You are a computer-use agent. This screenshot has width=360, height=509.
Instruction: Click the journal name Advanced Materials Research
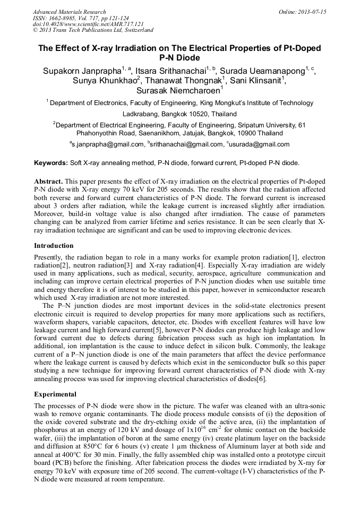(x=69, y=12)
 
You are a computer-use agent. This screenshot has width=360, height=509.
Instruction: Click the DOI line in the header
(x=88, y=24)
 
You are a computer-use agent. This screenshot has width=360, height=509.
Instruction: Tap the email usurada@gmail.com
(x=259, y=144)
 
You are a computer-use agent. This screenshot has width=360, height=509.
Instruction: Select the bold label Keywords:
(x=51, y=163)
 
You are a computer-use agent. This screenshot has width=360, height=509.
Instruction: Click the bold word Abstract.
(x=48, y=181)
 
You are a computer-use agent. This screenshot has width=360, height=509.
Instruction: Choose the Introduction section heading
(x=55, y=246)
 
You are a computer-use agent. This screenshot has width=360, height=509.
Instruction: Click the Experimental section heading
(x=55, y=394)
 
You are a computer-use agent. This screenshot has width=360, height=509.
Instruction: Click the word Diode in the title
(x=190, y=58)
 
